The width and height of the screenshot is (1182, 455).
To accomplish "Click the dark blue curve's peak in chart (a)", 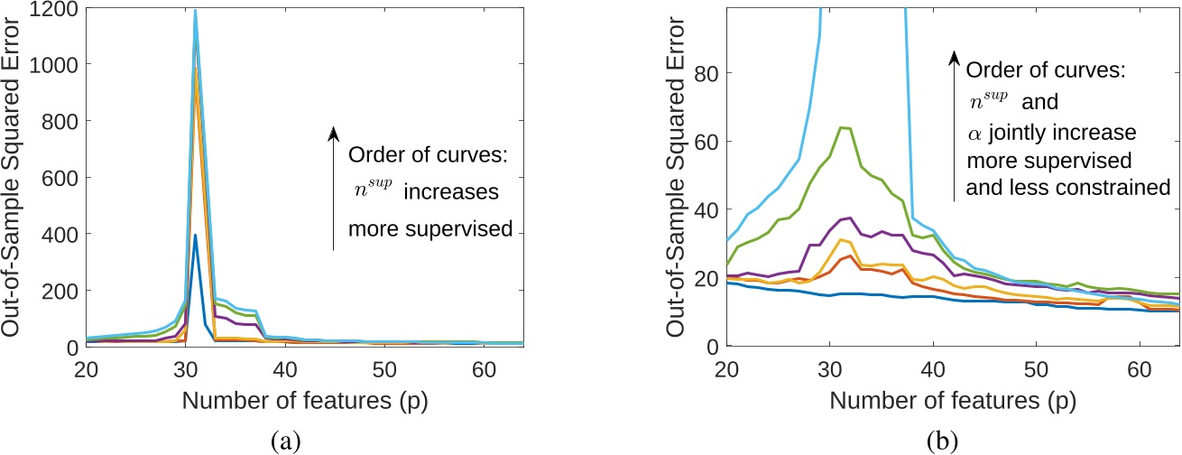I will coord(196,236).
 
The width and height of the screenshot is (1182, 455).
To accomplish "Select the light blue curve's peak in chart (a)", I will coord(196,11).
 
